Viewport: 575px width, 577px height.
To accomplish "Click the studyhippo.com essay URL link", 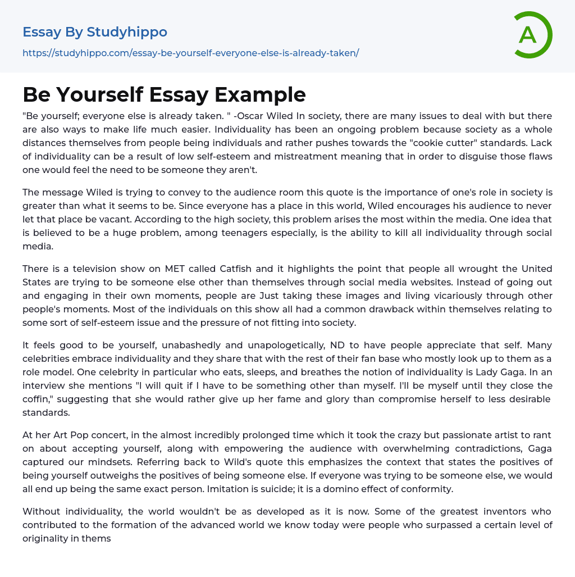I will pos(190,53).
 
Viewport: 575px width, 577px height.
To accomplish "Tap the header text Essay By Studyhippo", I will pos(95,32).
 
